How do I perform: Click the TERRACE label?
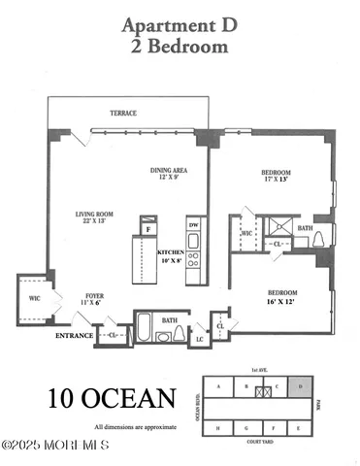click(123, 114)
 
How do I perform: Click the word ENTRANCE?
click(74, 336)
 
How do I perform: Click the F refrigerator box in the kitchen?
click(147, 230)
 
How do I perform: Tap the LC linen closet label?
click(200, 340)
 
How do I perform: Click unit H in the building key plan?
click(218, 427)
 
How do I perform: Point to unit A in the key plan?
click(218, 387)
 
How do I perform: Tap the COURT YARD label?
click(257, 444)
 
